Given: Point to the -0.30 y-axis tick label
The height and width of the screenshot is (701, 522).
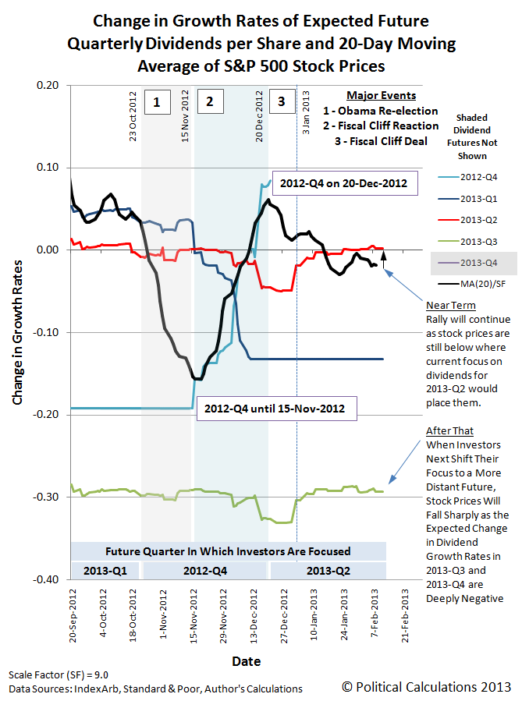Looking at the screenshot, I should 50,497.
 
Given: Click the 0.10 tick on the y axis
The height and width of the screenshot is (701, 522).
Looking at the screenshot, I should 51,167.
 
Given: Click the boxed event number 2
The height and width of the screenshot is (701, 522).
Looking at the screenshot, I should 209,101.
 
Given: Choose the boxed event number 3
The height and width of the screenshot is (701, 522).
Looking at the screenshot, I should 282,101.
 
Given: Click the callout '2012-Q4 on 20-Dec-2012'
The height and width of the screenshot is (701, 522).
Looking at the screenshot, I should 345,184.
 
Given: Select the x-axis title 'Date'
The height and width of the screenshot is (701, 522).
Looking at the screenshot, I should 247,660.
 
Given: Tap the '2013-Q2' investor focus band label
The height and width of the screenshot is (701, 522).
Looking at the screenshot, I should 327,569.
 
